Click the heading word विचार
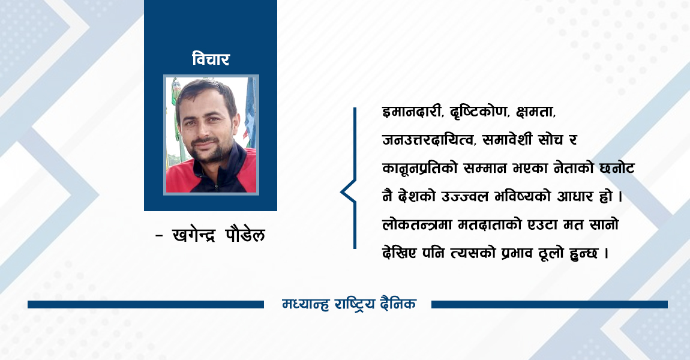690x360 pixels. click(211, 59)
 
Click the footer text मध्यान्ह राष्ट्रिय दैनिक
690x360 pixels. click(349, 304)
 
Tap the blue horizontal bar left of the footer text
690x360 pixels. click(145, 305)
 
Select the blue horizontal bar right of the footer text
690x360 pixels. click(549, 305)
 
